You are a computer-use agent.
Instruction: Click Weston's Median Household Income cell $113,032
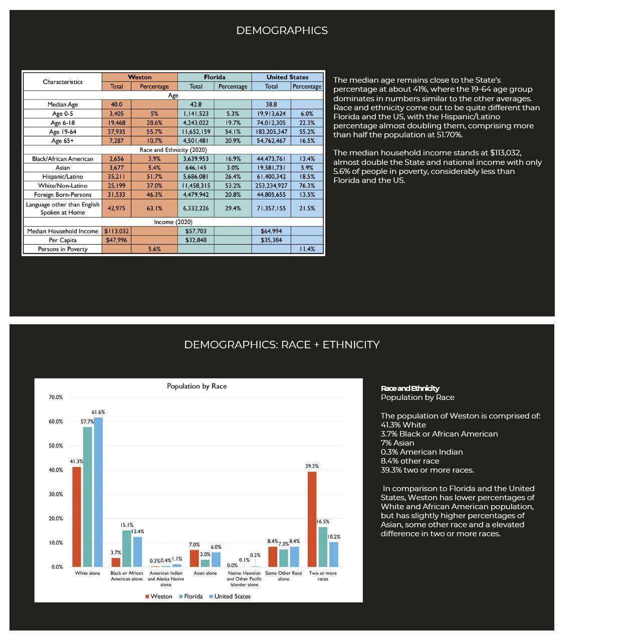pyautogui.click(x=116, y=231)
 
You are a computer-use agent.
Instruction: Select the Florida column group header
pyautogui.click(x=215, y=77)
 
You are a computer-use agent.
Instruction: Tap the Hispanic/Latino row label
pyautogui.click(x=63, y=176)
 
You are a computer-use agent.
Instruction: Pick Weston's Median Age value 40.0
pyautogui.click(x=116, y=104)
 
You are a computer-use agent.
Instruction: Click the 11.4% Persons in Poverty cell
pyautogui.click(x=307, y=249)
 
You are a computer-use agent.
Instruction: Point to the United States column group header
pyautogui.click(x=287, y=77)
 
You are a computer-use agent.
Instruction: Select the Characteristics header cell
pyautogui.click(x=63, y=82)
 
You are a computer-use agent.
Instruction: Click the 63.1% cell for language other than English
pyautogui.click(x=154, y=208)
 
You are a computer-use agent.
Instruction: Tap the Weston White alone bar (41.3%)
pyautogui.click(x=77, y=517)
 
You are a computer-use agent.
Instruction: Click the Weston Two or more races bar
pyautogui.click(x=312, y=519)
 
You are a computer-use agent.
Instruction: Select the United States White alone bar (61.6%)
pyautogui.click(x=98, y=492)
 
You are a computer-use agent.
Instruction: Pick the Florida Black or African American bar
pyautogui.click(x=127, y=548)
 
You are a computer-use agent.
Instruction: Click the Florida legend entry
pyautogui.click(x=190, y=596)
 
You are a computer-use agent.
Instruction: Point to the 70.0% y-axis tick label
pyautogui.click(x=56, y=397)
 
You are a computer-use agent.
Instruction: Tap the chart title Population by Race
pyautogui.click(x=196, y=386)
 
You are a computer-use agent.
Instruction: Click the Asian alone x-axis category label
pyautogui.click(x=205, y=573)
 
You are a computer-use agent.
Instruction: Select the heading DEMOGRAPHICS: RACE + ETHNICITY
pyautogui.click(x=282, y=345)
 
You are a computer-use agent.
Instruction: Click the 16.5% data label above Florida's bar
pyautogui.click(x=323, y=522)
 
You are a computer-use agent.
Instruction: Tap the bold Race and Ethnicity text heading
pyautogui.click(x=410, y=388)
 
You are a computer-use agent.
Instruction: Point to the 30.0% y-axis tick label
pyautogui.click(x=56, y=494)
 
